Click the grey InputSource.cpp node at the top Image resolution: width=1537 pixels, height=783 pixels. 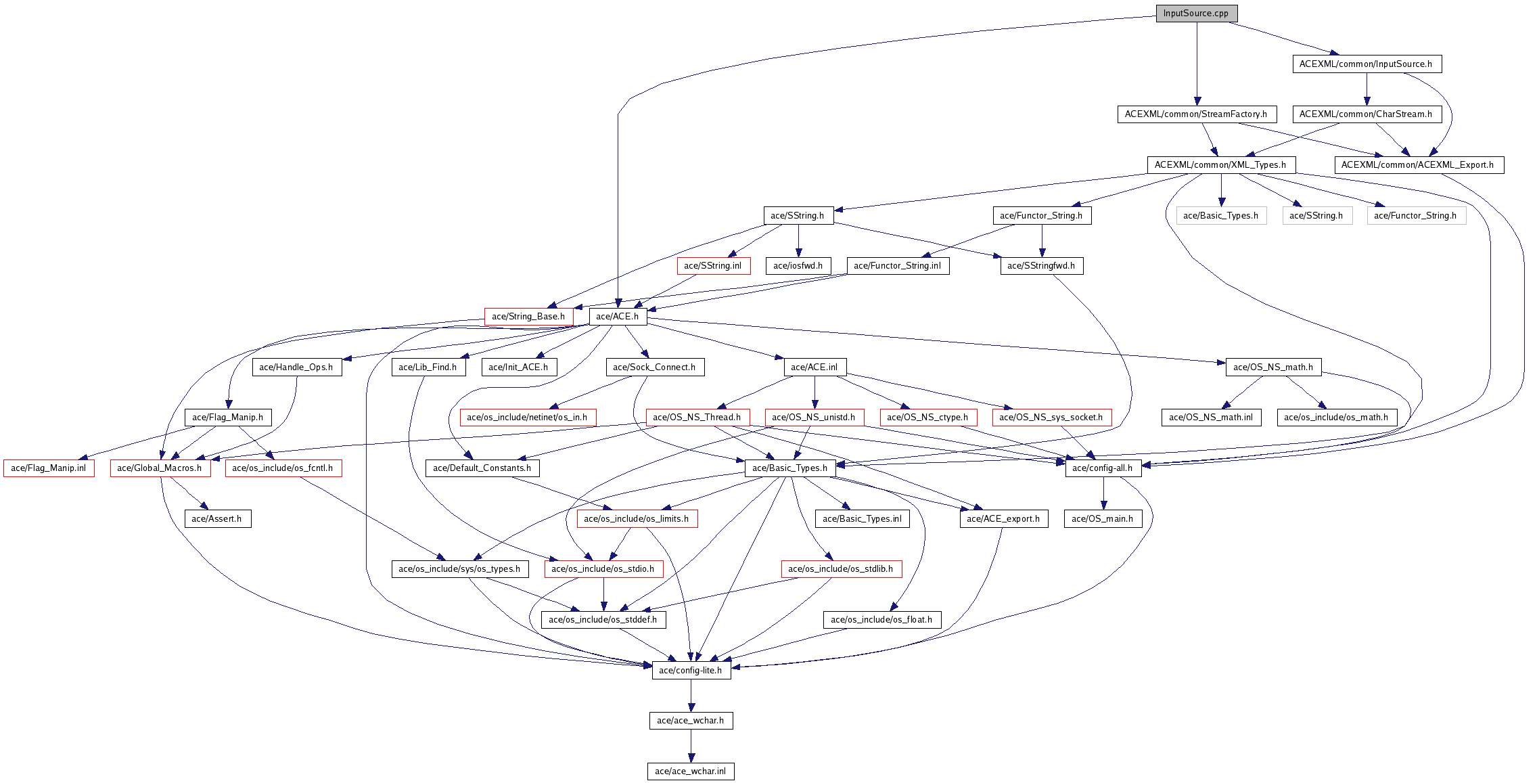[1196, 14]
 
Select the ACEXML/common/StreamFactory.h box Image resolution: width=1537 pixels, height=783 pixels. [1195, 114]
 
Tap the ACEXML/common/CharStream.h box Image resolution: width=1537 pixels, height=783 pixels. [1366, 114]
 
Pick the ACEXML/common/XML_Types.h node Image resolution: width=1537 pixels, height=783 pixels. [1220, 165]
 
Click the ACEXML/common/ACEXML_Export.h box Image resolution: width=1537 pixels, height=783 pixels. [1418, 165]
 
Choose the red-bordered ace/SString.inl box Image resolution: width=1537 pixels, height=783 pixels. [713, 266]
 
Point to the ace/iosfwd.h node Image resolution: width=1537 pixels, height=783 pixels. [798, 266]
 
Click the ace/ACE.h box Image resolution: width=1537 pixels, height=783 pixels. [617, 317]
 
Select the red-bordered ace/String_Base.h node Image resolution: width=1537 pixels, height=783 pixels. [528, 317]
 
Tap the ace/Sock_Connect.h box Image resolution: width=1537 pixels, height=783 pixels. [654, 367]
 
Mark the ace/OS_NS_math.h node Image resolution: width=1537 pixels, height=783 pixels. [1273, 367]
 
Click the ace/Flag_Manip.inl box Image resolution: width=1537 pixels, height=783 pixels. [49, 468]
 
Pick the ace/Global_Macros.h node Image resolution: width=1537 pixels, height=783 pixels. [160, 468]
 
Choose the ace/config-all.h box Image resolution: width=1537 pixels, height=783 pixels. [1103, 468]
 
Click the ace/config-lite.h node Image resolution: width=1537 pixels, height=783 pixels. [691, 671]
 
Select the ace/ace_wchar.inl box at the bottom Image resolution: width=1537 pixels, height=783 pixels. [691, 771]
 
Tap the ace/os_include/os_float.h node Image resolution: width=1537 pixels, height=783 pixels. [881, 620]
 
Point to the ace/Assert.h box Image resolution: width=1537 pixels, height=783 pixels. [217, 519]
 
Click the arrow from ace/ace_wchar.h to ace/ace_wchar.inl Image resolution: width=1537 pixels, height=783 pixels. [691, 746]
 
